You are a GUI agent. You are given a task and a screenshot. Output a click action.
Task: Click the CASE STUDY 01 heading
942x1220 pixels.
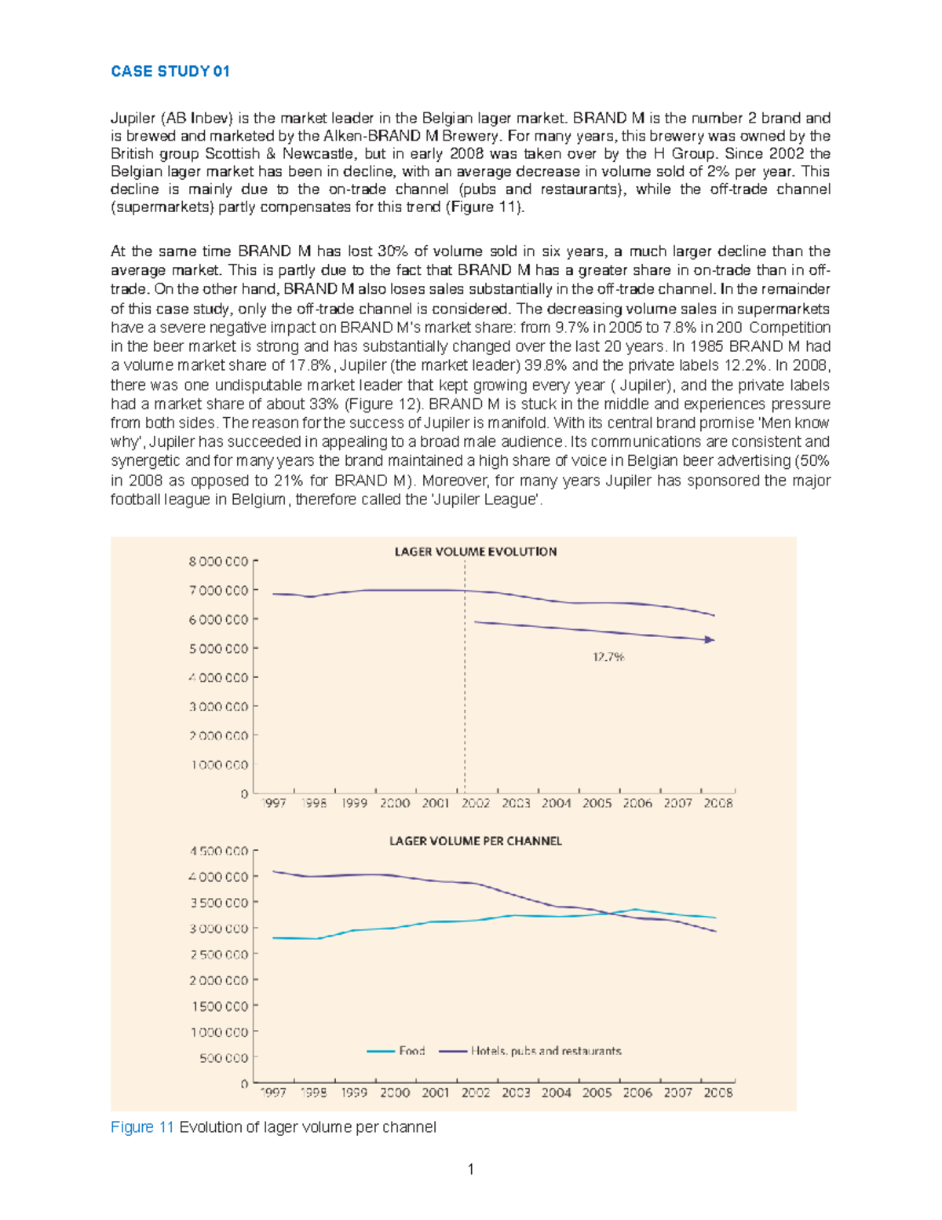point(170,71)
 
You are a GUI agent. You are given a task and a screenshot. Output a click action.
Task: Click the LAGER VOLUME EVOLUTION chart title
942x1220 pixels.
point(475,551)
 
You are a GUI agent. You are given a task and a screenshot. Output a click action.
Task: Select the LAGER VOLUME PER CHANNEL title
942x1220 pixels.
point(475,841)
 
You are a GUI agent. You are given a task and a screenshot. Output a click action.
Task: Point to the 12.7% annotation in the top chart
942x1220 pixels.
point(608,657)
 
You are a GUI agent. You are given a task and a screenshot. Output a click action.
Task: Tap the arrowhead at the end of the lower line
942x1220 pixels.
point(710,640)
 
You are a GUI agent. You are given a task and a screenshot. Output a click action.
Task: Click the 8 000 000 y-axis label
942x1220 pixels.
point(218,562)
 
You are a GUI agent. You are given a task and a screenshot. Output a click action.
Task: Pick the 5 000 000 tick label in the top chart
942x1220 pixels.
point(218,649)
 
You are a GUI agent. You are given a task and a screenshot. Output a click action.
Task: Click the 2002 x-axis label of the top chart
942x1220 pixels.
point(476,803)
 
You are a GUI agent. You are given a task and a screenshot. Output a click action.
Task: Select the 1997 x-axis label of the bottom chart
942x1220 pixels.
point(273,1092)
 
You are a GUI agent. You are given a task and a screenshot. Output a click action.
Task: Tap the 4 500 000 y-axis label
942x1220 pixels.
point(218,851)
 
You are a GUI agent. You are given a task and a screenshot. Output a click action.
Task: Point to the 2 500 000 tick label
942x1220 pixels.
point(218,954)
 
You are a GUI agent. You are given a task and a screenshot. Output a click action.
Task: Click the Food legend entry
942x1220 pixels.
point(411,1050)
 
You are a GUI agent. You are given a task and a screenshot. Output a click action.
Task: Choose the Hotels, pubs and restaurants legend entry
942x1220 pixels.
point(546,1050)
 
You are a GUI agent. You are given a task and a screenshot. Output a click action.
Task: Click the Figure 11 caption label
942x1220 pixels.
point(142,1127)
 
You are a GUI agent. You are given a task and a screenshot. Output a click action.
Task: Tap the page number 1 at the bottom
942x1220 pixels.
point(470,1170)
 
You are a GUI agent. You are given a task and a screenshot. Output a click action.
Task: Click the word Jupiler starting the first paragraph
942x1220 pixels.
point(133,119)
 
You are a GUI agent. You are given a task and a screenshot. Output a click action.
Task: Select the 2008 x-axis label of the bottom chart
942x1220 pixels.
point(717,1092)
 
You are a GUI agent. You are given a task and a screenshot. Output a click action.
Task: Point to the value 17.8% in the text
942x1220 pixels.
point(314,365)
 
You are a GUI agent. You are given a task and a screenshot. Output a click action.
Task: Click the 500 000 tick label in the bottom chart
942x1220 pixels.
point(223,1058)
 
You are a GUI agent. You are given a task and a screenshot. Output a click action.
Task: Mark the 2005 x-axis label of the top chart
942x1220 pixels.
point(597,803)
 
